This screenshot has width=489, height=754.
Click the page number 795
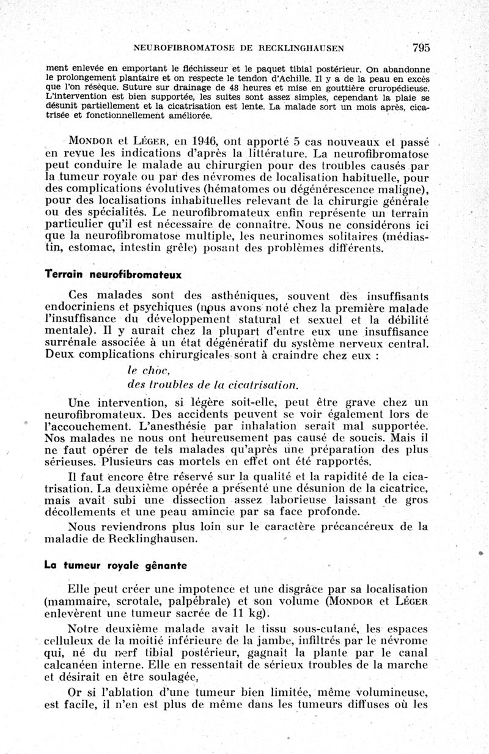tap(421, 47)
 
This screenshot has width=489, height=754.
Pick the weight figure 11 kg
tap(248, 613)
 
